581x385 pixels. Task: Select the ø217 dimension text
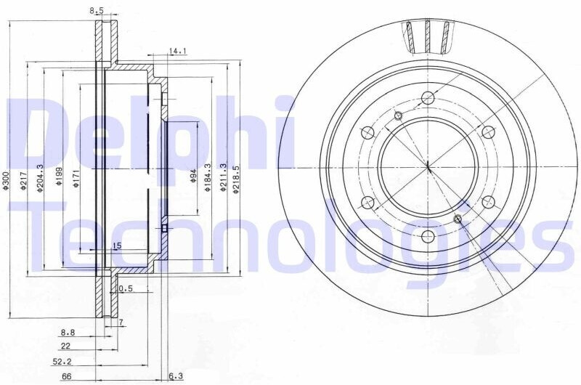point(23,180)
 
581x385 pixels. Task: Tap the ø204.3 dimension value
point(41,178)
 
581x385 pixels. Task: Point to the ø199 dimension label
point(59,176)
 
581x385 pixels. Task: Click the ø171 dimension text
point(76,178)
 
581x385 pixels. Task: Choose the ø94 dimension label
point(192,176)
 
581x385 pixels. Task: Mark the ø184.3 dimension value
point(208,177)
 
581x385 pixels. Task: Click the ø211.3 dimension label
point(223,177)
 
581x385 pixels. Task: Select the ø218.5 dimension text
point(235,179)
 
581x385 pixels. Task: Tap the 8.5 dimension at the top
point(97,11)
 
